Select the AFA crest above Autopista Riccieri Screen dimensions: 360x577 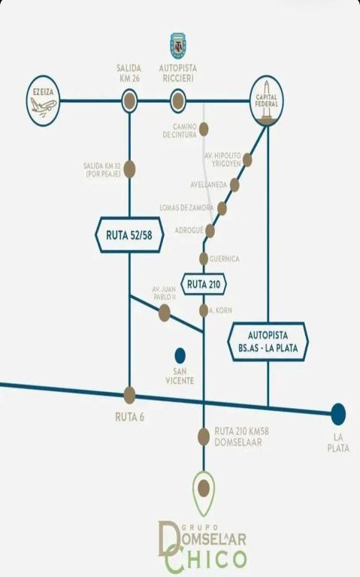(x=178, y=46)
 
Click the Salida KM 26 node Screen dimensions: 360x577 (x=129, y=101)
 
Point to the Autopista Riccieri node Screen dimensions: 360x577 (x=178, y=101)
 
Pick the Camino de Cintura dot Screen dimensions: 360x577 (x=204, y=129)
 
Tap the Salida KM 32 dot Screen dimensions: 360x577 (x=129, y=169)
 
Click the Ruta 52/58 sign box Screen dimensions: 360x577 (x=129, y=234)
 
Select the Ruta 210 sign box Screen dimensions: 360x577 (x=204, y=284)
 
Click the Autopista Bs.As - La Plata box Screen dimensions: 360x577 (x=268, y=342)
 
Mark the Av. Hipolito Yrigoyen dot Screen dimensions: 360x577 (x=247, y=160)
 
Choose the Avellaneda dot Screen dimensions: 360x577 (x=234, y=185)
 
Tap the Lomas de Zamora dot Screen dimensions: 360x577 (x=222, y=208)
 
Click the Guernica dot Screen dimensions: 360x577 (x=204, y=258)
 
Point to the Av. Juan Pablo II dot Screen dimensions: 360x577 (x=164, y=313)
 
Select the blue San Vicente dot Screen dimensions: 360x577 (x=180, y=355)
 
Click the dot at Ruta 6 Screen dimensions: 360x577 (x=129, y=395)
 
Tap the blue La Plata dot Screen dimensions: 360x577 (x=338, y=414)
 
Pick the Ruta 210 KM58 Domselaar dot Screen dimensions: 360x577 (x=204, y=437)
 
